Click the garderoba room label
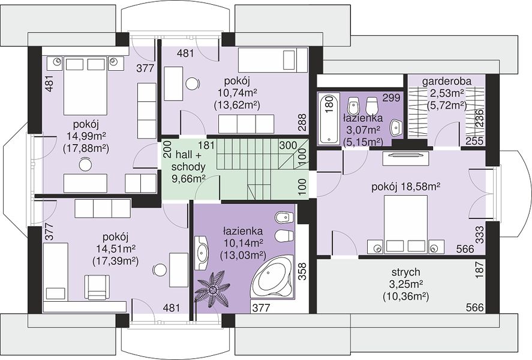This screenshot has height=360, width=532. point(446,82)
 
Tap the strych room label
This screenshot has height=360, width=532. point(406,272)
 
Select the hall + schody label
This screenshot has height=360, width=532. point(188,161)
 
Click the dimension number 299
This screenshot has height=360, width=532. point(391,98)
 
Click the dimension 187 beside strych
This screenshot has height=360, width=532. point(480,271)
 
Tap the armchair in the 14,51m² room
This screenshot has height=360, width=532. point(97,287)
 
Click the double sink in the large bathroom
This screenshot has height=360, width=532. point(202,253)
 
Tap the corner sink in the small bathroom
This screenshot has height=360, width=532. point(396,127)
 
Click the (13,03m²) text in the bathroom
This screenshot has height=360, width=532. point(242,254)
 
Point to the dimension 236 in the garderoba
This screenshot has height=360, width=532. point(480,118)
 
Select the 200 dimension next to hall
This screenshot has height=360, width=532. point(167,149)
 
